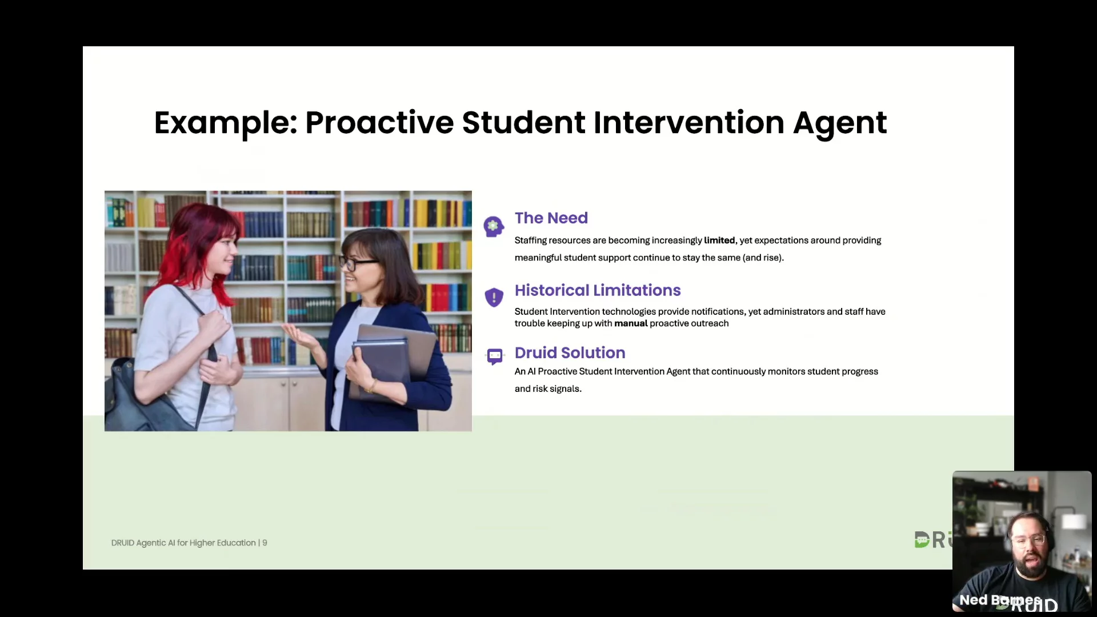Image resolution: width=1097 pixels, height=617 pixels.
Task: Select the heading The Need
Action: pos(551,218)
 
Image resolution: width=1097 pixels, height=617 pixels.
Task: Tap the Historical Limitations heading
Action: pos(598,290)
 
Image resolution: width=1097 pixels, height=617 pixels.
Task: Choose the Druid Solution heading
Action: pos(570,352)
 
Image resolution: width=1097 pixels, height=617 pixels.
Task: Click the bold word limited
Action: pos(719,241)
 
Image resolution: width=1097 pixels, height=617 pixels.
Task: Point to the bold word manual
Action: pos(631,323)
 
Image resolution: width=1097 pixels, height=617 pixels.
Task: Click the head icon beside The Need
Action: pos(494,226)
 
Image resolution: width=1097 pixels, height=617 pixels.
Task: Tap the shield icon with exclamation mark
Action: pos(494,297)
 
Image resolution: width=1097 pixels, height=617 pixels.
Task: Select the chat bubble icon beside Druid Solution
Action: pos(495,356)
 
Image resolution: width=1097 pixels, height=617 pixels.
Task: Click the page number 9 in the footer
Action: pos(265,543)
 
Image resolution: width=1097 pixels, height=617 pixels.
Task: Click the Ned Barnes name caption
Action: pos(1000,600)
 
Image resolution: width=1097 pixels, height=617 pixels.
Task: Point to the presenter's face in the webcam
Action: pos(1028,543)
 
